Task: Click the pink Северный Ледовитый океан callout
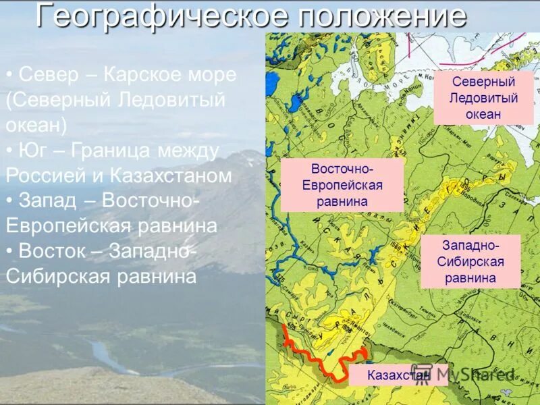click(x=483, y=98)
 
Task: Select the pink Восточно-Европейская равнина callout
click(x=342, y=184)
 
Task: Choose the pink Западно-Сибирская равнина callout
click(x=470, y=261)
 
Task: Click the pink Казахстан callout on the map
click(x=398, y=375)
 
